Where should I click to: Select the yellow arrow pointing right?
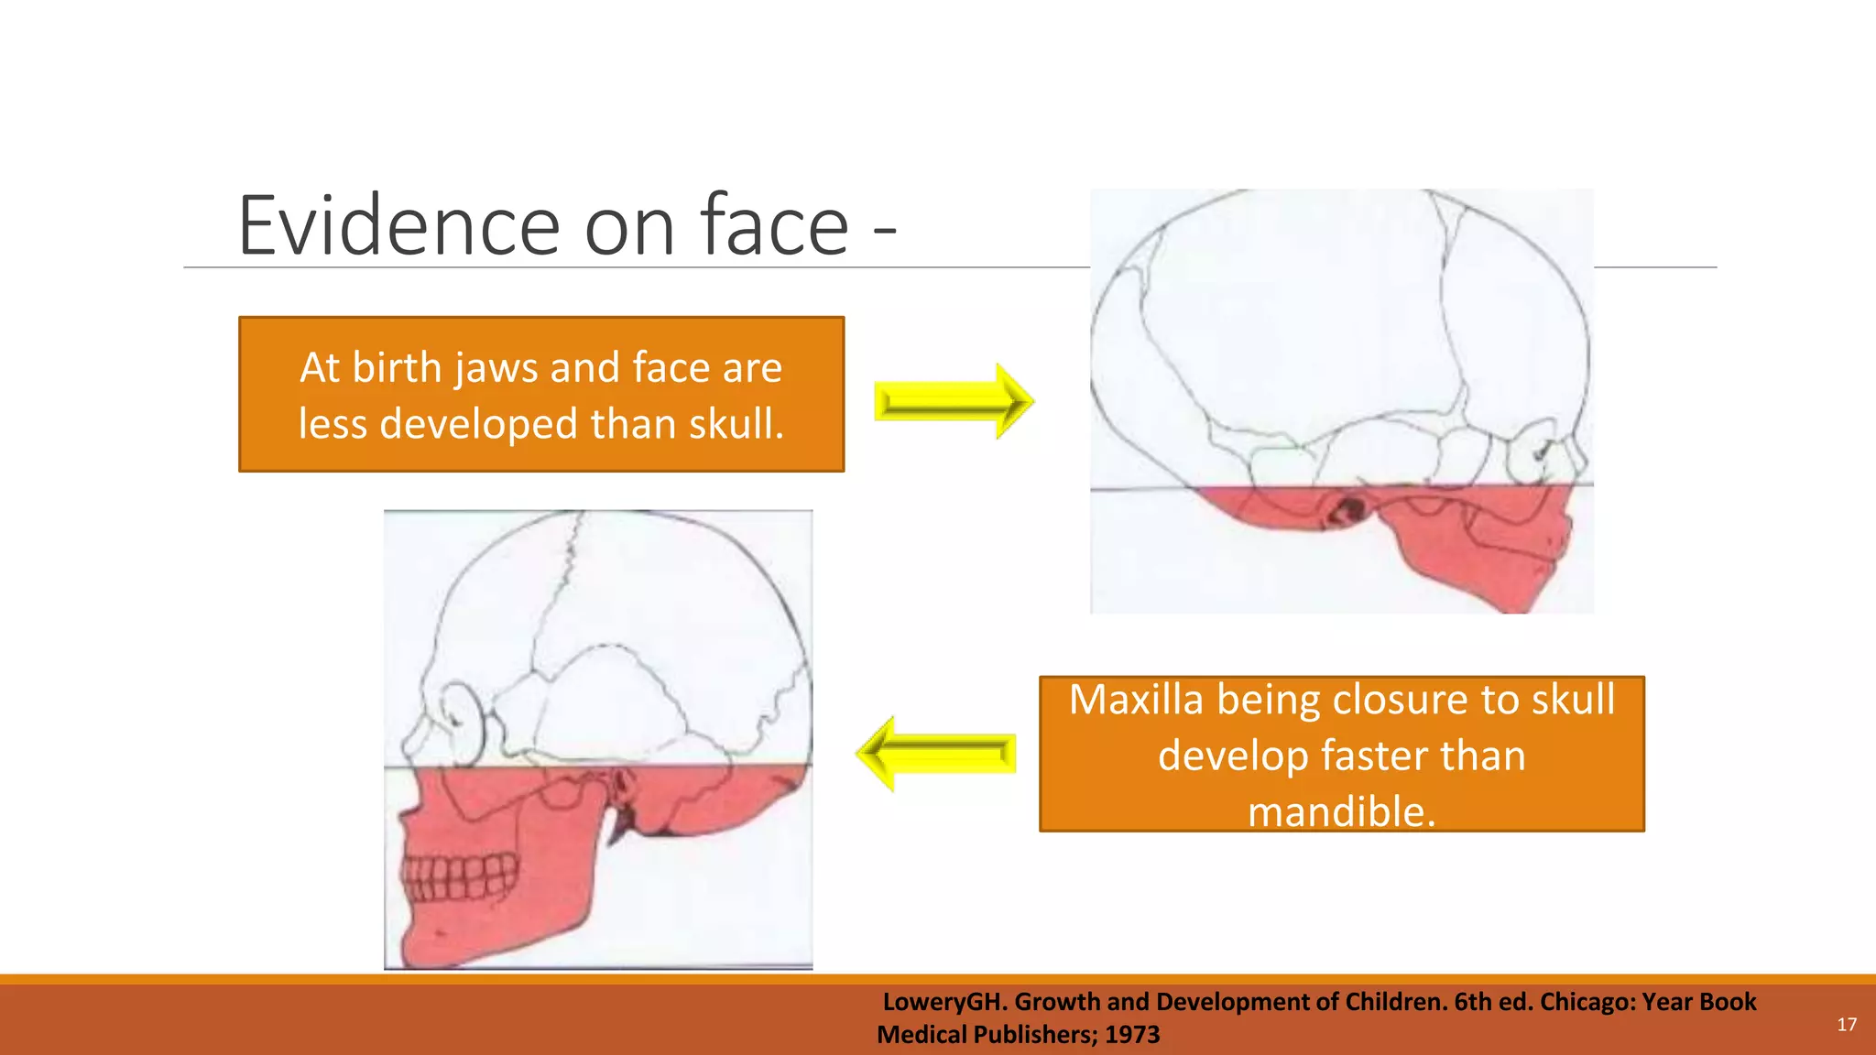(x=954, y=401)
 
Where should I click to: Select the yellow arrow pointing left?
(x=936, y=754)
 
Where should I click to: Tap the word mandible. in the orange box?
(x=1341, y=811)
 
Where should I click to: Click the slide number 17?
(x=1847, y=1024)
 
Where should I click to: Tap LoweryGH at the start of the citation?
(x=943, y=1002)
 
